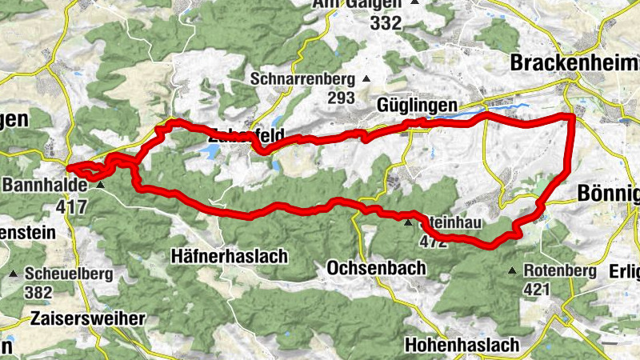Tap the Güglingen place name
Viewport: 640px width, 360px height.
[417, 106]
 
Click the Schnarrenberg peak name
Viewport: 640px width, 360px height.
[302, 79]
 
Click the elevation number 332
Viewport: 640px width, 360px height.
[385, 23]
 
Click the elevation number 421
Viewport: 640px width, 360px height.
[540, 289]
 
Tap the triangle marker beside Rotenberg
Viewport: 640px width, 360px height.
[512, 271]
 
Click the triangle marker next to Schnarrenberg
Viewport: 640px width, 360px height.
[366, 78]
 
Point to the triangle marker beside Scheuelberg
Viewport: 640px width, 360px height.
[14, 274]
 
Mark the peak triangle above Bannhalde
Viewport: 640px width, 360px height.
[100, 185]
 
